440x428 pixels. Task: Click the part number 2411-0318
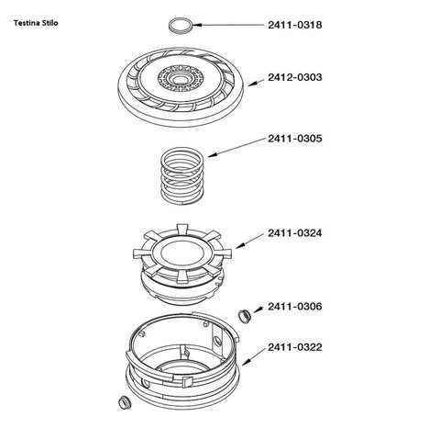pos(295,25)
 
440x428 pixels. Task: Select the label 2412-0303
pos(295,77)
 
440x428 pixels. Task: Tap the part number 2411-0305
pos(295,139)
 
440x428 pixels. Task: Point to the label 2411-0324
pos(295,233)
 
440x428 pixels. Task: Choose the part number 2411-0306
pos(295,307)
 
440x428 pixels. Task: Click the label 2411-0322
pos(295,347)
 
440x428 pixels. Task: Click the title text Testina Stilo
pos(36,23)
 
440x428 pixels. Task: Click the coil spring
pos(182,176)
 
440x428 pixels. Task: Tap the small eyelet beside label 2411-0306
pos(244,316)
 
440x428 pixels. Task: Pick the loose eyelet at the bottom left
pos(125,402)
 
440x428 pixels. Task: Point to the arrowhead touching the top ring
pos(197,25)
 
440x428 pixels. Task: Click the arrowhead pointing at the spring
pos(212,155)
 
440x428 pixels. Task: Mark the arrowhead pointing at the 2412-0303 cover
pos(252,84)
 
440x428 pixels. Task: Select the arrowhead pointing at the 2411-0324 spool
pos(240,245)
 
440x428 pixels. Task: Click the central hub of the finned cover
pos(181,79)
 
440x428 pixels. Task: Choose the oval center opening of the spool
pos(182,253)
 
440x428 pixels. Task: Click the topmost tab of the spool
pos(182,229)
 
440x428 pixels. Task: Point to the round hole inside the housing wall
pos(217,341)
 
